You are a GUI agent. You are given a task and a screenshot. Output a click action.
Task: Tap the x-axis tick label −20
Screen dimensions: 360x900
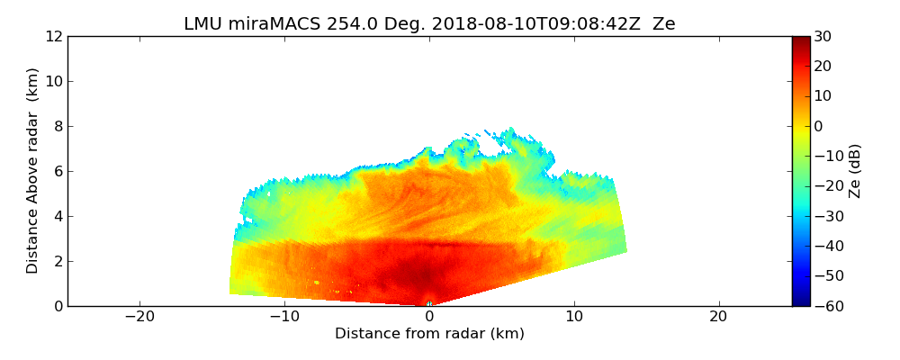coord(139,317)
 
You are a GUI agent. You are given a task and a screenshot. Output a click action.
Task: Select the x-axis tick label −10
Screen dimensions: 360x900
coord(284,317)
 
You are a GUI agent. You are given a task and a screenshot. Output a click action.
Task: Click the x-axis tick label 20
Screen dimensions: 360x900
coord(718,317)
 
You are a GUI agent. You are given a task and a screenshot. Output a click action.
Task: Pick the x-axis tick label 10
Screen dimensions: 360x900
coord(574,317)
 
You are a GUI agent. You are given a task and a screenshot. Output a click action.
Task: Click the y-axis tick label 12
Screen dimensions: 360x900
coord(53,37)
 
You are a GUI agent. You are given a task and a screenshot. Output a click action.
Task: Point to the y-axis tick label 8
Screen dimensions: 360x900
coord(57,127)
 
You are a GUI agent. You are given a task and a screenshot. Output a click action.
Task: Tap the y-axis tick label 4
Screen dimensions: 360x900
coord(57,217)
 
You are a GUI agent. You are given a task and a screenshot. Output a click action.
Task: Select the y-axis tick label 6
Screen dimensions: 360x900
coord(57,172)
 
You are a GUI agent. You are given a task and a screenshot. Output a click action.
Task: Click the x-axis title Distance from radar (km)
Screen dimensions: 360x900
coord(429,334)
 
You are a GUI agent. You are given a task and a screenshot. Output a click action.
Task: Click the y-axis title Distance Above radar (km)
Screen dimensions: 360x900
coord(33,171)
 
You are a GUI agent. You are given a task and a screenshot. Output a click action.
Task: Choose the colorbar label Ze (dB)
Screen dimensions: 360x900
coord(855,171)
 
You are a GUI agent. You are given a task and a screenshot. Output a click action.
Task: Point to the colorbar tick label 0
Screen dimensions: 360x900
coord(819,127)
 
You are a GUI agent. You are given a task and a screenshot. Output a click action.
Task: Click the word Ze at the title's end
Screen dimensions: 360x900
coord(663,24)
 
